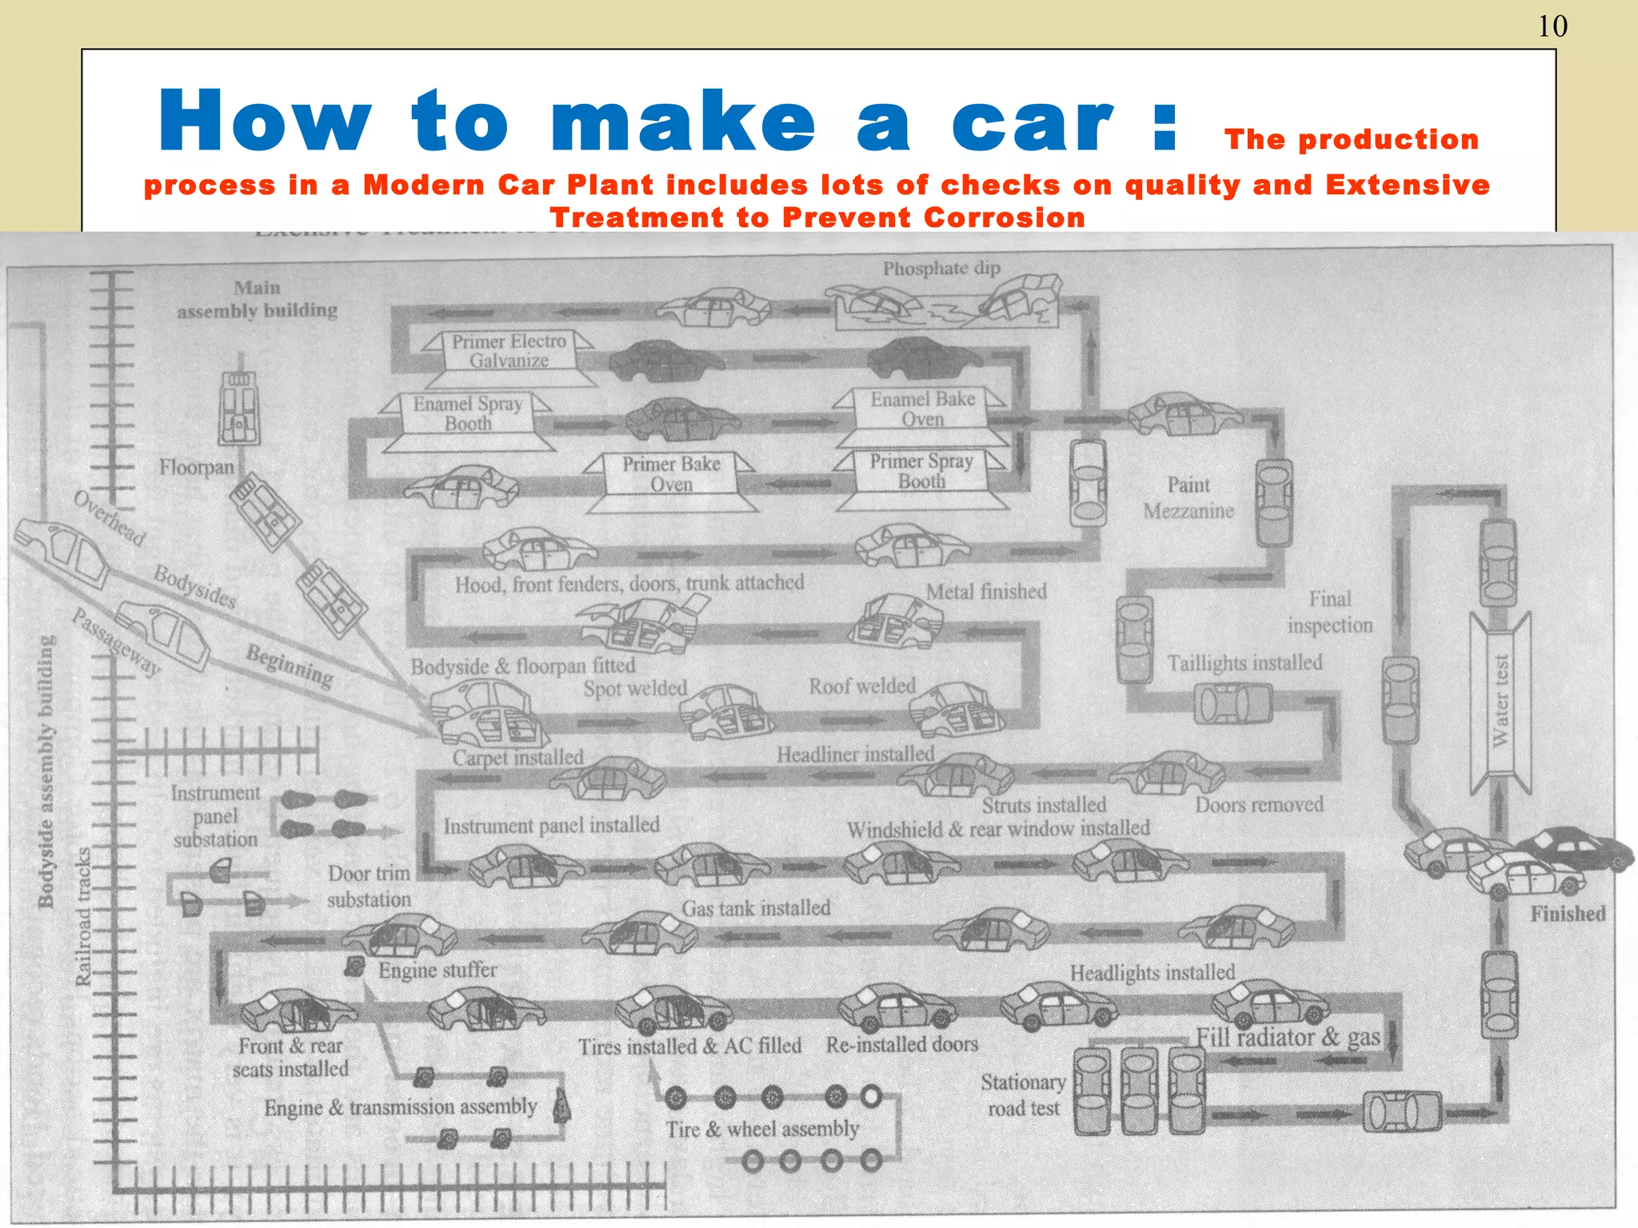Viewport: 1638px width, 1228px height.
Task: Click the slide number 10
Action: tap(1552, 26)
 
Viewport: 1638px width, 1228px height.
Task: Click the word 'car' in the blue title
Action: tap(1032, 122)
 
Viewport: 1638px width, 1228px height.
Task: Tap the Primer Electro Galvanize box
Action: tap(509, 351)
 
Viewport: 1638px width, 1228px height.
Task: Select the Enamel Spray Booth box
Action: tap(468, 413)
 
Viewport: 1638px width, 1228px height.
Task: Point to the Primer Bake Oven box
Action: tap(671, 474)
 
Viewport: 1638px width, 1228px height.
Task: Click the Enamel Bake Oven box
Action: tap(922, 409)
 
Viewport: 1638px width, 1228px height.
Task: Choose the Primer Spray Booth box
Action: tap(921, 471)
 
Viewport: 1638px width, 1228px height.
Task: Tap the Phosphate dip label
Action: tap(941, 269)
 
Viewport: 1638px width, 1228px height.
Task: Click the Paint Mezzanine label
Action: tap(1189, 497)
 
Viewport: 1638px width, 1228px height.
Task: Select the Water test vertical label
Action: tap(1500, 701)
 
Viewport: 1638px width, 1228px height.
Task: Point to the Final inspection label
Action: tap(1329, 612)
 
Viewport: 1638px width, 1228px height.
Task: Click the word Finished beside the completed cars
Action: tap(1567, 914)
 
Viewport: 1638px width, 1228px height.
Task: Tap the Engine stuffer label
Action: tap(437, 970)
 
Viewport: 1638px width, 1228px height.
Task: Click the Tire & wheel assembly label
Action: tap(762, 1129)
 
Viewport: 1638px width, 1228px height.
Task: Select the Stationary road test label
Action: tap(1023, 1095)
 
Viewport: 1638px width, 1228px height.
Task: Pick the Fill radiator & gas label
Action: tap(1288, 1038)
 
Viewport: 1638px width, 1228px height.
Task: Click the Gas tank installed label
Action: tap(756, 908)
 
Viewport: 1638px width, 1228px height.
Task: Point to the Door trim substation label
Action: tap(369, 887)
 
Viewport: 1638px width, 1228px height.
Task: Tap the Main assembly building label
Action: tap(257, 299)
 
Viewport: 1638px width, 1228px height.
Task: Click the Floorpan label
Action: tap(196, 467)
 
